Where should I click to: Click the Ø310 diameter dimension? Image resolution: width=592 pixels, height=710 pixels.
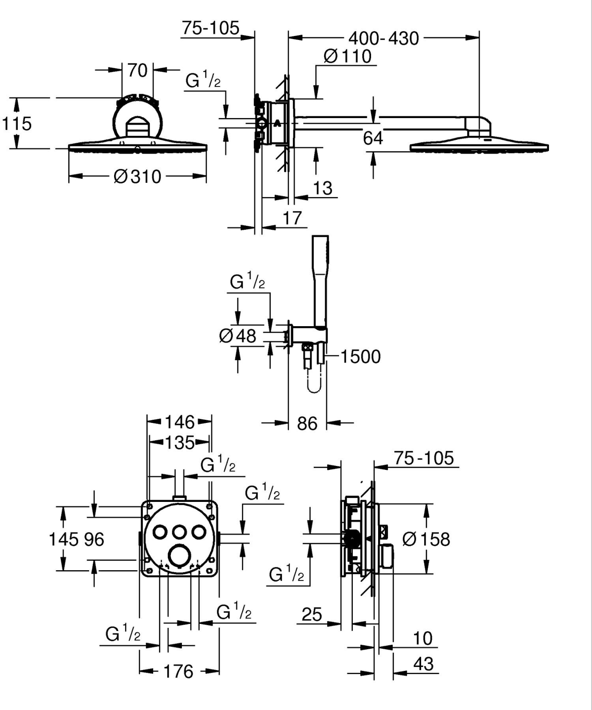pyautogui.click(x=137, y=177)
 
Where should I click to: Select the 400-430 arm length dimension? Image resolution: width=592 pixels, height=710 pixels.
pyautogui.click(x=383, y=39)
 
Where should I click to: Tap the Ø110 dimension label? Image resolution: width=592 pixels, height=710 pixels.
pyautogui.click(x=347, y=56)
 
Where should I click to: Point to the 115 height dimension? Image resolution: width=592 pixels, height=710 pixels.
pyautogui.click(x=17, y=123)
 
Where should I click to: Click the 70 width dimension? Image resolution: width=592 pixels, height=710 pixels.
pyautogui.click(x=137, y=70)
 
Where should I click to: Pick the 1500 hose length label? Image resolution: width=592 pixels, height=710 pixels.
pyautogui.click(x=360, y=357)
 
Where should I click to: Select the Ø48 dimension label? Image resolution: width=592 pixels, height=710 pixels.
pyautogui.click(x=238, y=335)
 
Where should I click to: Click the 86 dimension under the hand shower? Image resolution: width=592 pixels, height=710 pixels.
pyautogui.click(x=307, y=424)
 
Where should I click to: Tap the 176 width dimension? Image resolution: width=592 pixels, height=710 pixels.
pyautogui.click(x=179, y=671)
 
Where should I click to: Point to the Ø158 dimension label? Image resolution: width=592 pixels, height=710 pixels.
pyautogui.click(x=426, y=539)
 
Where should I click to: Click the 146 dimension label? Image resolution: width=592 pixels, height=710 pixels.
pyautogui.click(x=180, y=422)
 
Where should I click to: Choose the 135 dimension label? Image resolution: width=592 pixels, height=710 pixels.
pyautogui.click(x=180, y=442)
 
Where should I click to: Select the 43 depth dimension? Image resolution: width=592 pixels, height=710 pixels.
pyautogui.click(x=423, y=664)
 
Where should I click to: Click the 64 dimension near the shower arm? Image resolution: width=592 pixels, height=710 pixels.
pyautogui.click(x=373, y=138)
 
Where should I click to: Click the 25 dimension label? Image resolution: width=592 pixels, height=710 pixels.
pyautogui.click(x=312, y=615)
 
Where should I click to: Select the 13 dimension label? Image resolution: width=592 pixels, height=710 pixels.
pyautogui.click(x=323, y=188)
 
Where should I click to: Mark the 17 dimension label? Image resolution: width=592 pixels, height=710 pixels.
pyautogui.click(x=292, y=218)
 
